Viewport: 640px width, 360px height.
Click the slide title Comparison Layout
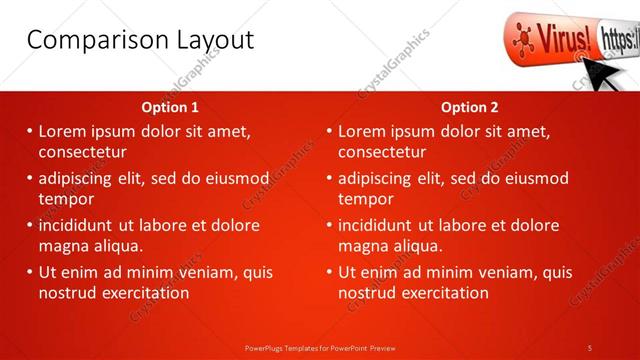click(x=139, y=40)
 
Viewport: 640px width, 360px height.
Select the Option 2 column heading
click(x=469, y=107)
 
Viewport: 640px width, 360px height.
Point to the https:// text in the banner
click(x=619, y=41)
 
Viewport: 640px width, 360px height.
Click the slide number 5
click(x=590, y=347)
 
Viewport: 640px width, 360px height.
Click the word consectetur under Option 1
click(x=83, y=152)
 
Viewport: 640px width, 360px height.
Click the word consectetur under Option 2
click(x=383, y=152)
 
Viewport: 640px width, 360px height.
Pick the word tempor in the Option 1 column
click(x=66, y=198)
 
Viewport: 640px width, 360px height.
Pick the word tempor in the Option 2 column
click(x=366, y=198)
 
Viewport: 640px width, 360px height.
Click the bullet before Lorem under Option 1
click(x=30, y=131)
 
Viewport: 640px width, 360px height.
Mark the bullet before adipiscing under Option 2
click(x=330, y=179)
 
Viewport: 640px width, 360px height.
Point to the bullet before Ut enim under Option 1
click(x=30, y=272)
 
